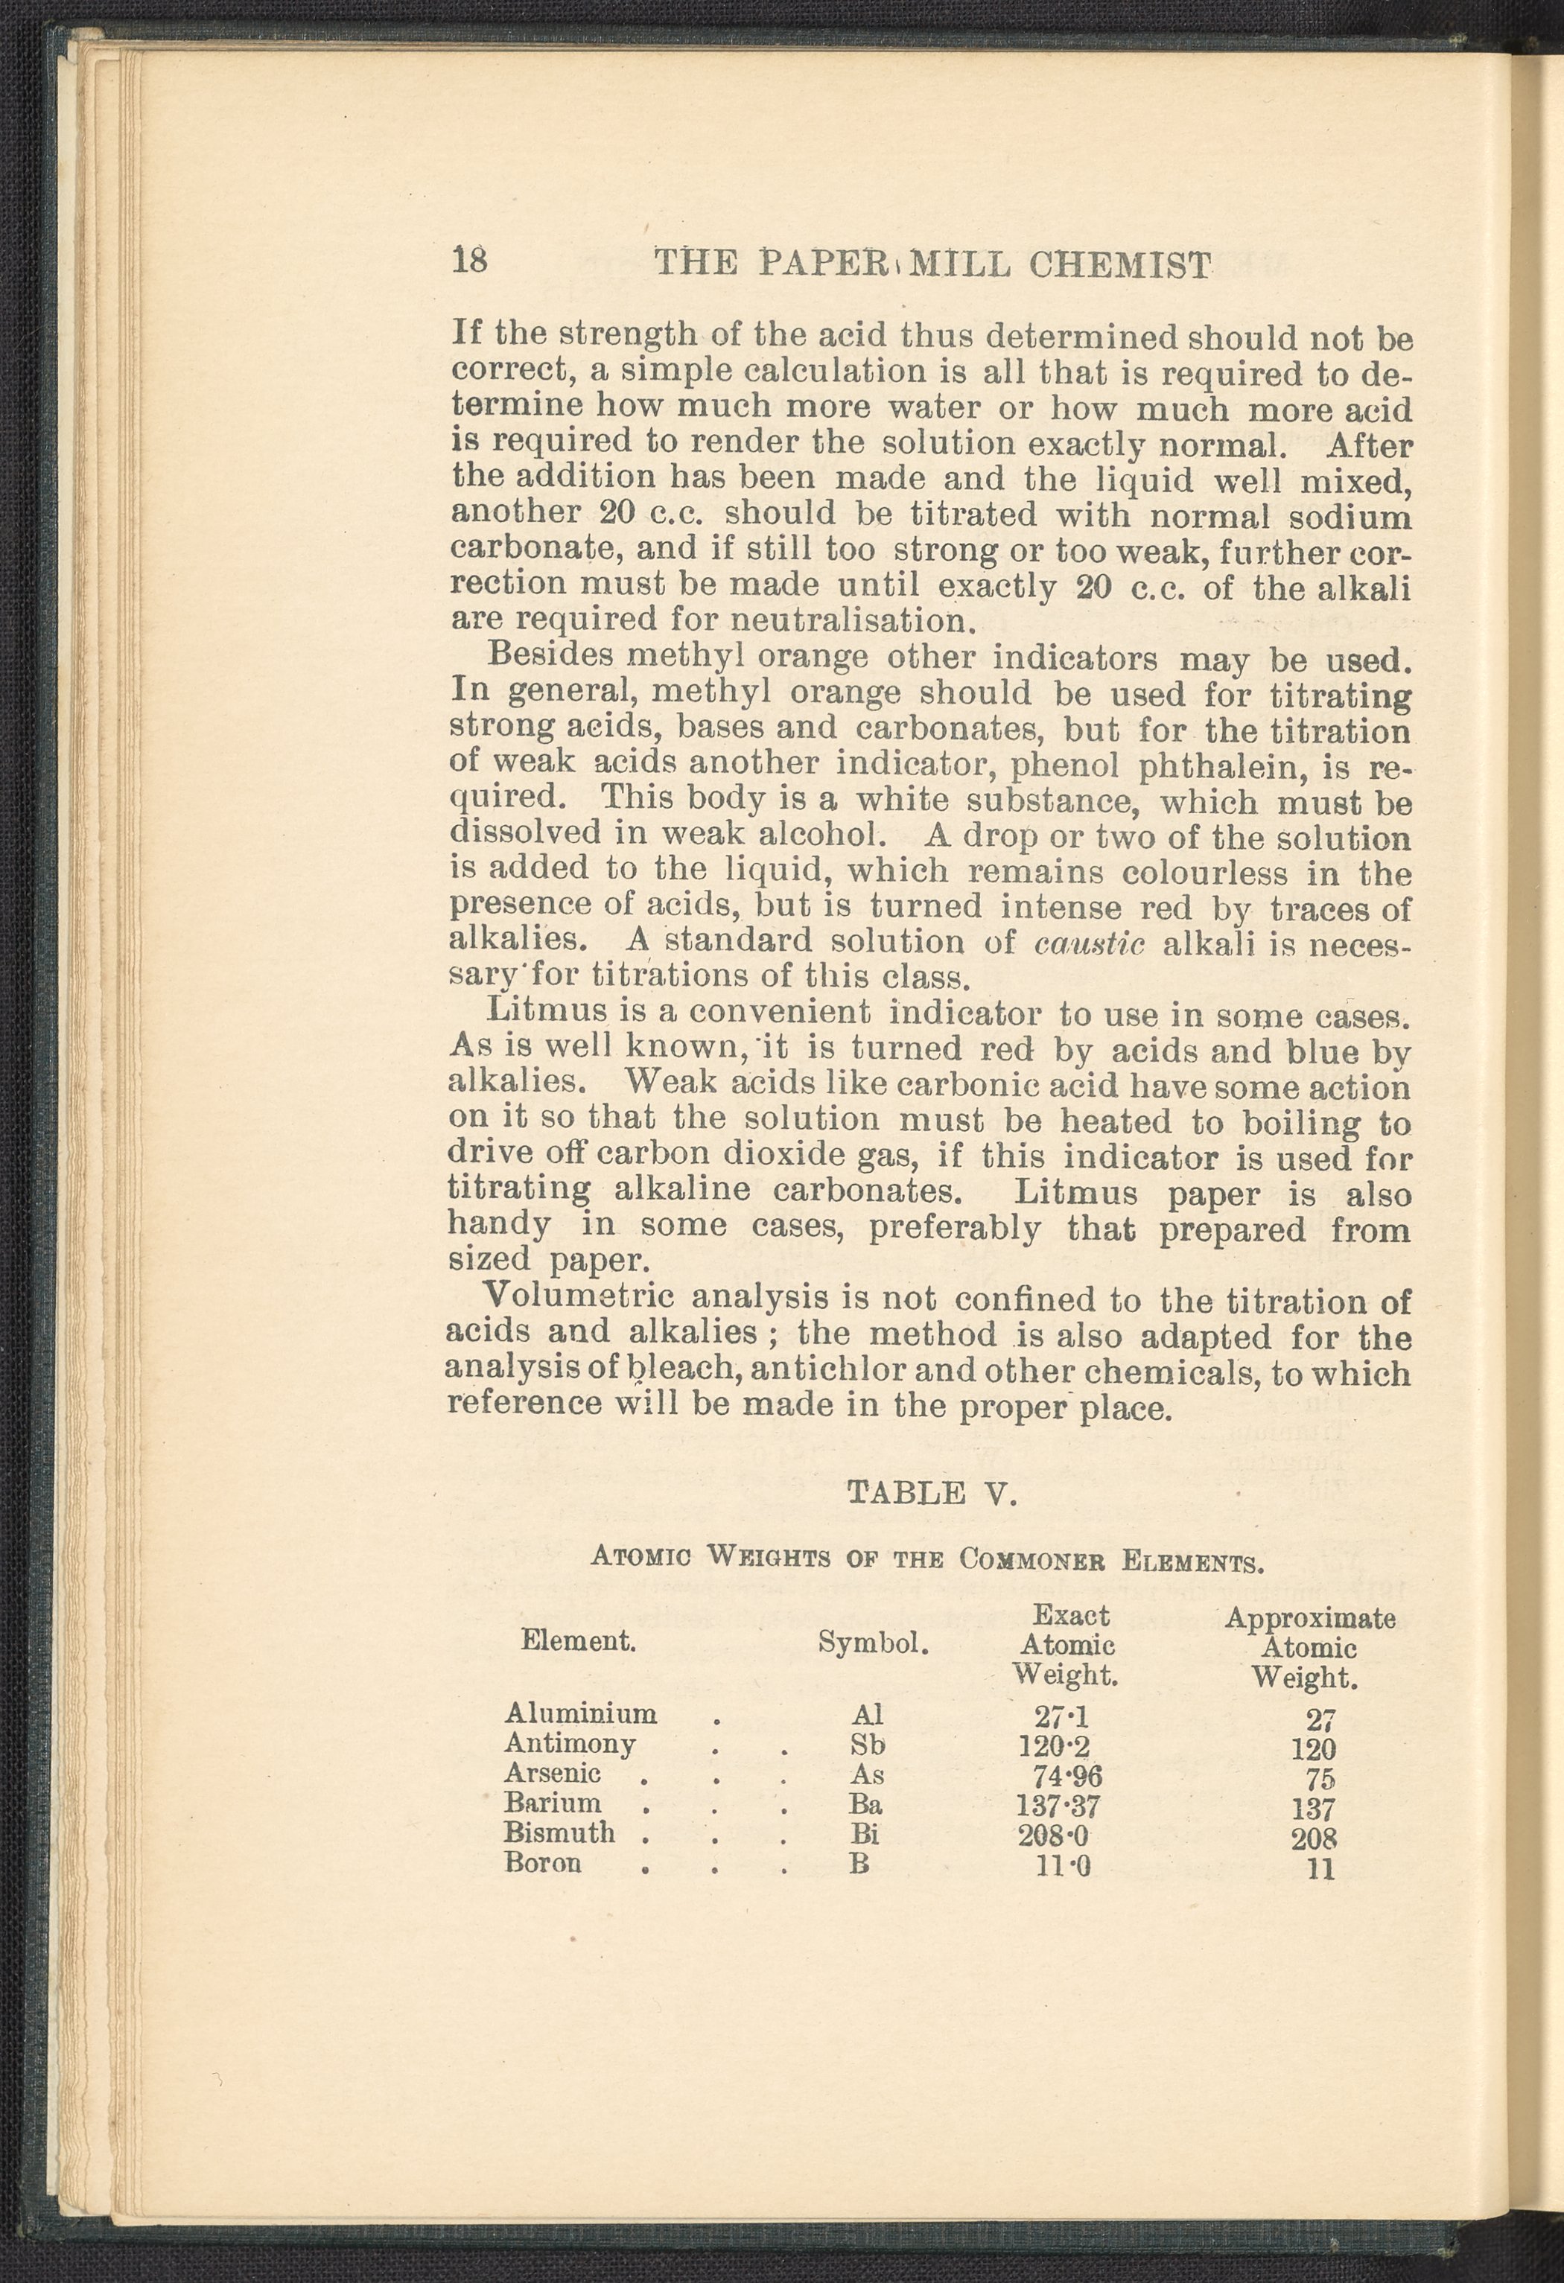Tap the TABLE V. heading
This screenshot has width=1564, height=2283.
click(x=929, y=1493)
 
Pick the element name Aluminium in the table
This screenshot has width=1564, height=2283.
click(x=581, y=1713)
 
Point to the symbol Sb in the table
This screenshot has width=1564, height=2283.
click(x=868, y=1745)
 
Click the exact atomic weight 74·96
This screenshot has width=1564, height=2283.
click(x=1067, y=1775)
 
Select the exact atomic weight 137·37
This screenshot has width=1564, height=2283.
click(x=1059, y=1806)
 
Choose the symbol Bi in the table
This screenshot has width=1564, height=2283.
click(x=865, y=1833)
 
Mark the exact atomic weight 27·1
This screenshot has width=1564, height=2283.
click(x=1061, y=1715)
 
